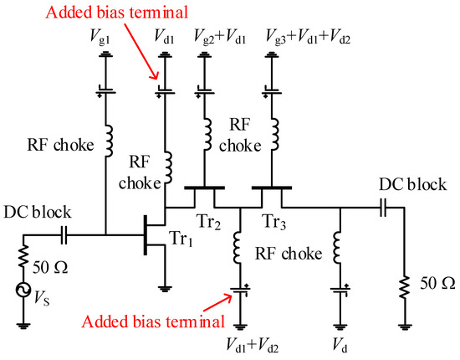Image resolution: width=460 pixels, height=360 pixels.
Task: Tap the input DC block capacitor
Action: point(64,234)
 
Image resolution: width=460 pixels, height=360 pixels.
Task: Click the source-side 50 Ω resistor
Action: point(24,258)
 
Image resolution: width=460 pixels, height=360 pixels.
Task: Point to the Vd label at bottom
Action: point(339,344)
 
